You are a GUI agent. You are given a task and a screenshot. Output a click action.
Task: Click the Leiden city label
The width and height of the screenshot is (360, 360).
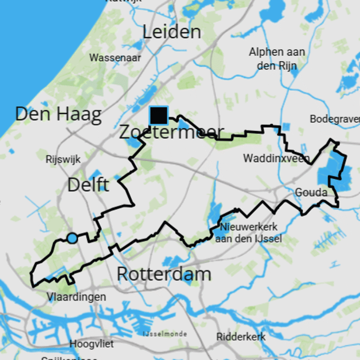(172, 32)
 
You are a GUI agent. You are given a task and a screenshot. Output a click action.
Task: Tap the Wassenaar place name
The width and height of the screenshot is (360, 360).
(115, 58)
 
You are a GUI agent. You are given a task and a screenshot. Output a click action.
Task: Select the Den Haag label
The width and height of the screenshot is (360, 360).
(58, 114)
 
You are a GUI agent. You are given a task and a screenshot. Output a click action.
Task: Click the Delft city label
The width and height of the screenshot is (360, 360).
(88, 184)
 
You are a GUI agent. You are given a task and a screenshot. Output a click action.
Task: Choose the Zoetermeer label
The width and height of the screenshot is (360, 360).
(171, 132)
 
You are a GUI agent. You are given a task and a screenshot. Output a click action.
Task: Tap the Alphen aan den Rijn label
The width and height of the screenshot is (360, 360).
(277, 58)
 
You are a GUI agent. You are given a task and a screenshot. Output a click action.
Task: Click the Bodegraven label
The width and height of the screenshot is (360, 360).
(335, 119)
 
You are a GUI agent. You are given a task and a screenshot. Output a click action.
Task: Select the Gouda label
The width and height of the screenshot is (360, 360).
(311, 193)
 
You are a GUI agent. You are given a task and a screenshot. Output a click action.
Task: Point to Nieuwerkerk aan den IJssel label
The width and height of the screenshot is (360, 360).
(249, 232)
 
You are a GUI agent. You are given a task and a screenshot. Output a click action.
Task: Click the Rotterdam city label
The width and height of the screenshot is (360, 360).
(164, 274)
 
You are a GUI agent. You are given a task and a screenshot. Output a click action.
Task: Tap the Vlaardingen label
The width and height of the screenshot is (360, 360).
(76, 297)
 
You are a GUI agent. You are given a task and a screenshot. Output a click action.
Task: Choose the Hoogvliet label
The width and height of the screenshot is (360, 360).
(92, 344)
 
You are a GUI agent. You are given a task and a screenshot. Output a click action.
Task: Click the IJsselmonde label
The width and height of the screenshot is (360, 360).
(164, 334)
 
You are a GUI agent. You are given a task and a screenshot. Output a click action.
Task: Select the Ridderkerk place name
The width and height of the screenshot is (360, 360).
(241, 336)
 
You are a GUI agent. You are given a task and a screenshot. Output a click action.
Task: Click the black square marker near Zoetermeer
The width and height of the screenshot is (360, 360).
(159, 116)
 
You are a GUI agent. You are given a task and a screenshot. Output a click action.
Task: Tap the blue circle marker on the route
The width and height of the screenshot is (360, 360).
(72, 238)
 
